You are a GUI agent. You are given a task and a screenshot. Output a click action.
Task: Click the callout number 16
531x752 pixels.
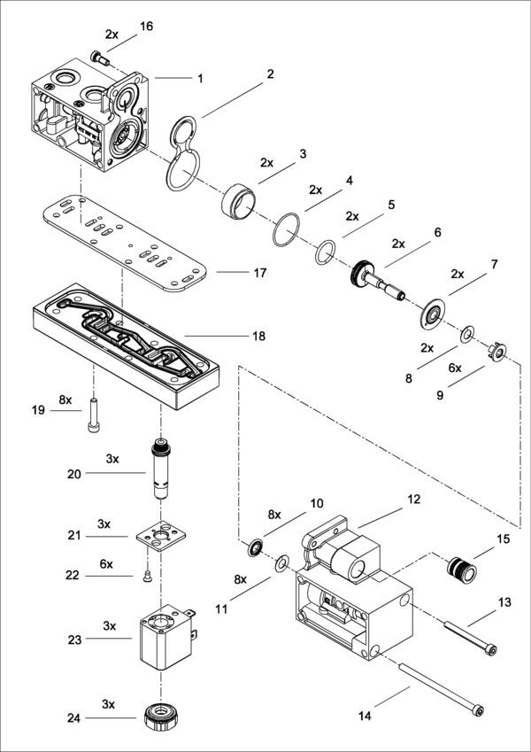(146, 26)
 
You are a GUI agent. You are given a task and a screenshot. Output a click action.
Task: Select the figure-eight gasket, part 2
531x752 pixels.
(183, 153)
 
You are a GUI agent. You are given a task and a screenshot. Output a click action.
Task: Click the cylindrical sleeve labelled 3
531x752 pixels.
(238, 201)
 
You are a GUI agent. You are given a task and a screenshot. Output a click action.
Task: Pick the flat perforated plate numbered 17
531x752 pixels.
(127, 243)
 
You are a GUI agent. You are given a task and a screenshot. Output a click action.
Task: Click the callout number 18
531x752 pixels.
(258, 337)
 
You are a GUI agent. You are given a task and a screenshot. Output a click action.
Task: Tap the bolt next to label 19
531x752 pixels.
(94, 415)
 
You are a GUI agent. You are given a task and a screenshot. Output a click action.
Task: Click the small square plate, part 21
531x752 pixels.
(161, 535)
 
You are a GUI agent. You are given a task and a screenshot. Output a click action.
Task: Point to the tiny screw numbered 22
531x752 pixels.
(148, 577)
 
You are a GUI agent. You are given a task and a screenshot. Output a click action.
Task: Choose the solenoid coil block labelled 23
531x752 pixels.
(166, 638)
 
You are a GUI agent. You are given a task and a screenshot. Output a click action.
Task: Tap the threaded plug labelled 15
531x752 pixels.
(462, 568)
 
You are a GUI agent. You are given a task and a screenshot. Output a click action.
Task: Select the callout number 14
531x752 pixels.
(365, 717)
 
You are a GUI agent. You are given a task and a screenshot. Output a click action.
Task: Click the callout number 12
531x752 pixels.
(413, 500)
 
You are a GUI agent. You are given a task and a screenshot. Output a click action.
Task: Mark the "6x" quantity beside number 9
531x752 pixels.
(455, 368)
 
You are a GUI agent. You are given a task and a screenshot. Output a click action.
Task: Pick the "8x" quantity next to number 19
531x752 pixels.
(65, 399)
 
